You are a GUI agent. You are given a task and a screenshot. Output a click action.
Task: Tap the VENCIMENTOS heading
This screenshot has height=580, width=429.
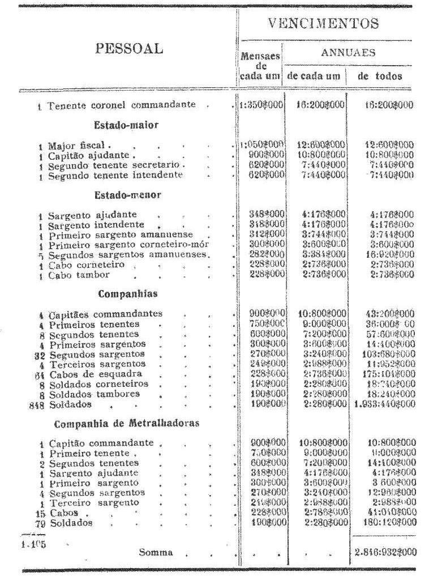click(323, 24)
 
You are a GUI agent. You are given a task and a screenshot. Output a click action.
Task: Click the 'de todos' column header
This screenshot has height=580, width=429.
click(380, 76)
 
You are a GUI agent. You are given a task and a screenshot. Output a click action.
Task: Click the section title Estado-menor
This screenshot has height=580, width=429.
click(128, 195)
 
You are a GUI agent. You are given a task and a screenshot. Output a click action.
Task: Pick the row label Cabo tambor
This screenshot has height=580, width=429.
click(79, 275)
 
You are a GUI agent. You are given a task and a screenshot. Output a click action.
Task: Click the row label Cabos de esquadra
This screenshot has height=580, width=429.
click(87, 374)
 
